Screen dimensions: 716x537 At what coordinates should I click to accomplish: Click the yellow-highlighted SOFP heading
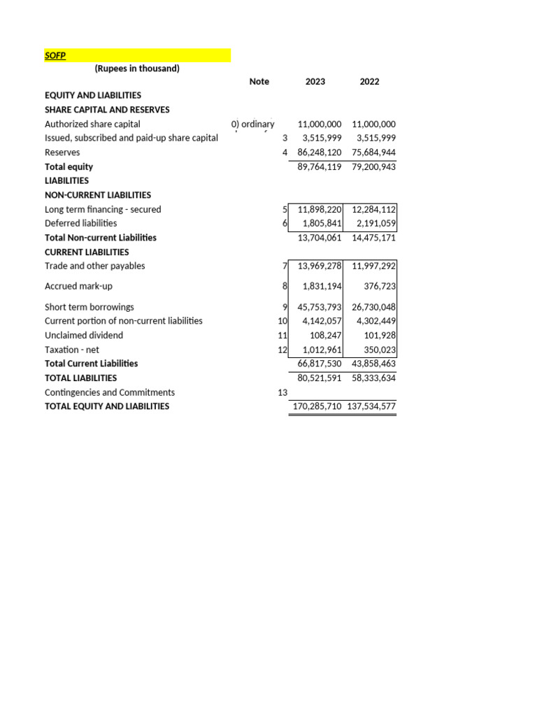point(55,55)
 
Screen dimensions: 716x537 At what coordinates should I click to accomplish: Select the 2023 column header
point(315,82)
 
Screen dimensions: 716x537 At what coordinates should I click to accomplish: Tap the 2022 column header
point(369,82)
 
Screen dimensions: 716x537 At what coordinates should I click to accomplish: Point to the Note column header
point(259,82)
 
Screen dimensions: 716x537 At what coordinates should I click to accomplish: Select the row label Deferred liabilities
point(81,224)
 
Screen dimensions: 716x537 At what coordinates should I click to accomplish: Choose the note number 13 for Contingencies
point(283,393)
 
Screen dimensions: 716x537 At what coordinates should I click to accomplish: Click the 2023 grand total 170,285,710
point(315,406)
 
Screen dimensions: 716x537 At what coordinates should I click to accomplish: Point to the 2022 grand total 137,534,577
point(371,406)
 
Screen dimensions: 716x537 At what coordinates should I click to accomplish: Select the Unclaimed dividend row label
point(84,336)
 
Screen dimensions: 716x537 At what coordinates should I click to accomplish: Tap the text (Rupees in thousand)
point(137,69)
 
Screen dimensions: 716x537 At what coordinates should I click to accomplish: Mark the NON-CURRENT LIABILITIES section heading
point(98,195)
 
